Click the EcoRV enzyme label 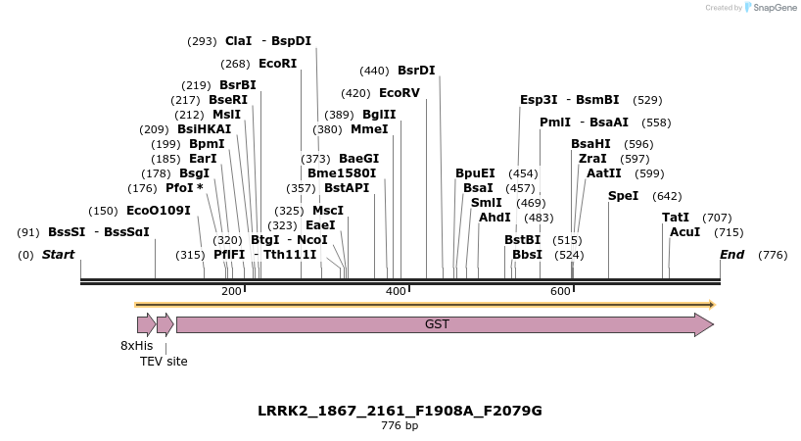click(x=399, y=93)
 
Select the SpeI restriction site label click(x=623, y=196)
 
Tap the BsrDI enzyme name click(x=416, y=71)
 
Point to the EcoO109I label click(x=158, y=211)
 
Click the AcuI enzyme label click(x=685, y=232)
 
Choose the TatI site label click(x=676, y=218)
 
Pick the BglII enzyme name click(x=379, y=115)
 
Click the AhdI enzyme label click(x=495, y=218)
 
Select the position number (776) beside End click(x=773, y=255)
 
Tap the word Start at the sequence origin click(x=58, y=255)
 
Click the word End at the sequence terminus click(x=731, y=255)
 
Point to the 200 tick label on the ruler click(x=232, y=292)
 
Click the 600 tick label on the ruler click(x=560, y=292)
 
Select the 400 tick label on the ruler click(x=396, y=292)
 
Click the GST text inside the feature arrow click(x=437, y=323)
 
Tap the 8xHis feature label click(x=137, y=346)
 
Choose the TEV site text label click(x=164, y=362)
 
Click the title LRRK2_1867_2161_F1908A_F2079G click(x=400, y=411)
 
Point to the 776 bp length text click(x=400, y=426)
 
